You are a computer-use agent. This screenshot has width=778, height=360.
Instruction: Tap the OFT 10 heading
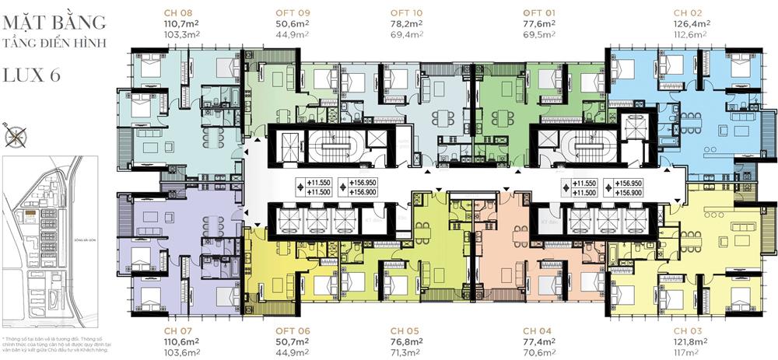(405, 12)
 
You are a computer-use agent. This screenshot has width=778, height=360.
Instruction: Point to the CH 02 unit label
(689, 12)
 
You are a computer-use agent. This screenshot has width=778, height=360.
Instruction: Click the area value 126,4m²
(691, 23)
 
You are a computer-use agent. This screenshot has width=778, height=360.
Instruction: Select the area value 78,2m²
(406, 23)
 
